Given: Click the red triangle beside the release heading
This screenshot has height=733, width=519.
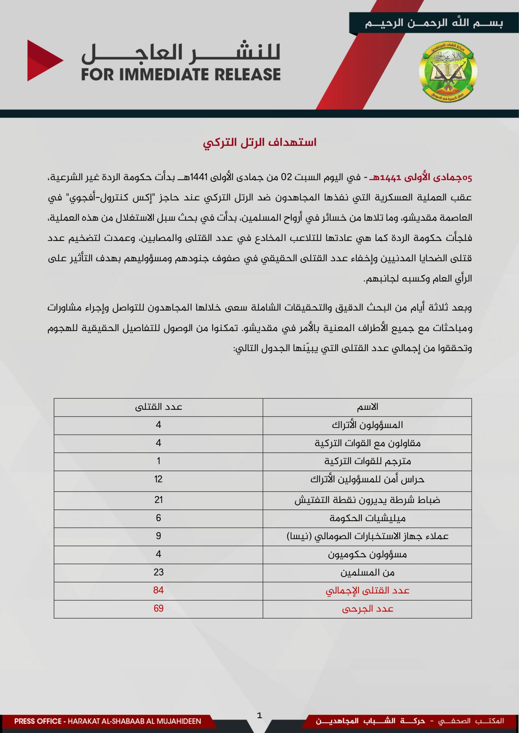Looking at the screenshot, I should click(x=43, y=60).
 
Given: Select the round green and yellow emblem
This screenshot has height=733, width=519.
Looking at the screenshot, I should click(x=448, y=71).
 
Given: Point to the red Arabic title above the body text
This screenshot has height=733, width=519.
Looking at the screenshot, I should click(x=259, y=142).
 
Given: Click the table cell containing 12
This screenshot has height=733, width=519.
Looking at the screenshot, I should click(x=158, y=479).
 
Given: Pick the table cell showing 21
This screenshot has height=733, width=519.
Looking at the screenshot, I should click(x=158, y=500).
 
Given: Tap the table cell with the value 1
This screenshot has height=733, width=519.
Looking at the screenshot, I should click(x=158, y=461).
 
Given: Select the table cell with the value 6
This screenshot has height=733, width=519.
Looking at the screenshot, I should click(x=158, y=518).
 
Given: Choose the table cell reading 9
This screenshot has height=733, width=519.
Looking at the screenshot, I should click(x=158, y=536).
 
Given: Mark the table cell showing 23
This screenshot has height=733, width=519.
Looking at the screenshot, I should click(x=158, y=572).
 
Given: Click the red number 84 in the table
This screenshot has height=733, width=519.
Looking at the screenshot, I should click(x=158, y=590).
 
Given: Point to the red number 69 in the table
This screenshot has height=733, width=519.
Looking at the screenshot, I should click(x=158, y=608).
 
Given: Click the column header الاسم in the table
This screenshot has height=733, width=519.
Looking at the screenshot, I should click(x=367, y=407).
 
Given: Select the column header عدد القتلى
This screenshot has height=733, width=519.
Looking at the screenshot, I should click(x=158, y=407).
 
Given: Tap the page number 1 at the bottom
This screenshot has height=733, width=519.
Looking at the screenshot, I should click(x=259, y=715).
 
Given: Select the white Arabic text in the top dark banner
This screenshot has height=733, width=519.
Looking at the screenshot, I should click(x=434, y=23).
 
